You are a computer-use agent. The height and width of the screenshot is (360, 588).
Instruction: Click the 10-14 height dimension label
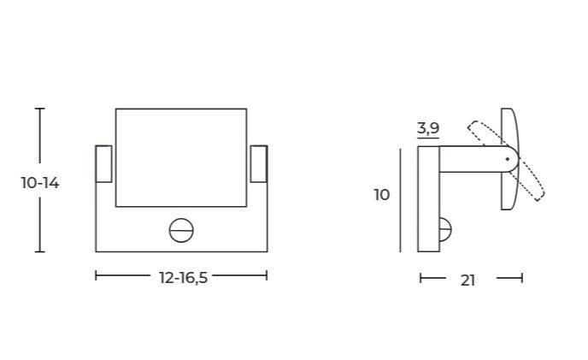click(x=40, y=183)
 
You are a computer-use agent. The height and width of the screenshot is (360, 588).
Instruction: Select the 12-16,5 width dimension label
click(x=184, y=278)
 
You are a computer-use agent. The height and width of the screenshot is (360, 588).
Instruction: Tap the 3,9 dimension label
click(x=428, y=128)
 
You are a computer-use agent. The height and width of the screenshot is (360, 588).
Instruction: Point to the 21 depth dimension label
click(x=468, y=280)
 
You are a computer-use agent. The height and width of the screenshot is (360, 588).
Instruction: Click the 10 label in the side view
click(x=382, y=195)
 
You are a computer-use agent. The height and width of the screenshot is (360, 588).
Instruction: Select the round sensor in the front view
click(x=181, y=231)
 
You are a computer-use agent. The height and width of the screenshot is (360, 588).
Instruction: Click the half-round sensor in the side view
click(x=445, y=229)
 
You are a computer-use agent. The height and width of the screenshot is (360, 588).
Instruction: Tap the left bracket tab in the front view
click(x=104, y=163)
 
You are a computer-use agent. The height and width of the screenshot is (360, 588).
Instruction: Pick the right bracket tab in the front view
click(x=259, y=163)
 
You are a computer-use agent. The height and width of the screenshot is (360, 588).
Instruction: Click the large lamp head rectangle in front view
click(x=181, y=157)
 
